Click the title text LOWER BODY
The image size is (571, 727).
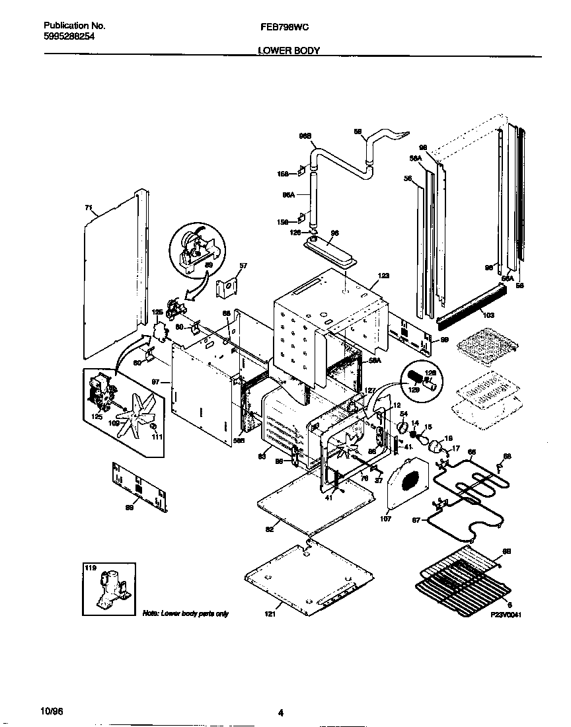pyautogui.click(x=288, y=50)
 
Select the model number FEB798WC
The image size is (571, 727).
pyautogui.click(x=286, y=26)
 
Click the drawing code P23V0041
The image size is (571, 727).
pyautogui.click(x=507, y=614)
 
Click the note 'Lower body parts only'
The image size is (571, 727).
pyautogui.click(x=186, y=614)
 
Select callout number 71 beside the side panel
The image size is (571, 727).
pyautogui.click(x=89, y=208)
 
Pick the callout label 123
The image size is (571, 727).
pyautogui.click(x=383, y=276)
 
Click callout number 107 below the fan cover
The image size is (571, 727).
pyautogui.click(x=386, y=519)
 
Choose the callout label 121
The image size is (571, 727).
pyautogui.click(x=269, y=614)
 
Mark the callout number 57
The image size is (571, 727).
pyautogui.click(x=243, y=266)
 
